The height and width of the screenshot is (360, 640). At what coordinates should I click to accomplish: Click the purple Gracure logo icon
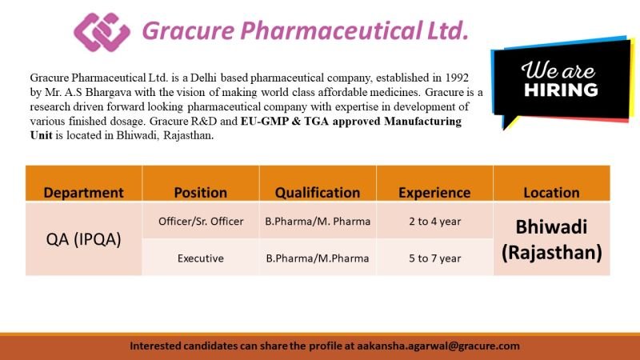102,32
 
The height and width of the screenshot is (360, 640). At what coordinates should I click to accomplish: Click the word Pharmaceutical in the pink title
331,31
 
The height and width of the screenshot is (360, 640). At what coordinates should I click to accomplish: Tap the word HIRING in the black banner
561,90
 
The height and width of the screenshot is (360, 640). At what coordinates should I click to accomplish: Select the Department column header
84,192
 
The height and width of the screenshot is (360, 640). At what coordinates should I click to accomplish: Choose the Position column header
201,192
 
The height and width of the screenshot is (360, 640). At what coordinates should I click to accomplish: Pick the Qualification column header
318,192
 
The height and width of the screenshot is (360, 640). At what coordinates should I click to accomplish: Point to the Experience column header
434,192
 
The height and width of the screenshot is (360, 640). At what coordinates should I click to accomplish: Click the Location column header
551,192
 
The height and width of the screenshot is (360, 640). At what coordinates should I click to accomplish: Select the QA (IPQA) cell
84,239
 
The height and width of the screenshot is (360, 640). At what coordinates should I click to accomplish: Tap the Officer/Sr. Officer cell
201,222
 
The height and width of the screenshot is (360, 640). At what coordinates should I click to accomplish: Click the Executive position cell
201,258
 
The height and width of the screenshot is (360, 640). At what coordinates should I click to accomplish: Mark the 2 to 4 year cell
434,222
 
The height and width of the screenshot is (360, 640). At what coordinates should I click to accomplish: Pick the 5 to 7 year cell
434,258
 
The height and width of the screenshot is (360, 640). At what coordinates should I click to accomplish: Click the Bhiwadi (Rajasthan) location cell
551,239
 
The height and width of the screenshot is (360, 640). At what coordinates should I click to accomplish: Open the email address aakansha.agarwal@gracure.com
438,346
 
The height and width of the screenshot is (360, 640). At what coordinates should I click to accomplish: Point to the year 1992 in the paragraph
457,78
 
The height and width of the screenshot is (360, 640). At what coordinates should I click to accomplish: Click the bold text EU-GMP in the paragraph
265,122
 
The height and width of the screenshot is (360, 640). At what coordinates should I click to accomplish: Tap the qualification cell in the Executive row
318,258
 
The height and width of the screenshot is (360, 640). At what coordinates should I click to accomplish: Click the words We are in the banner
558,70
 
